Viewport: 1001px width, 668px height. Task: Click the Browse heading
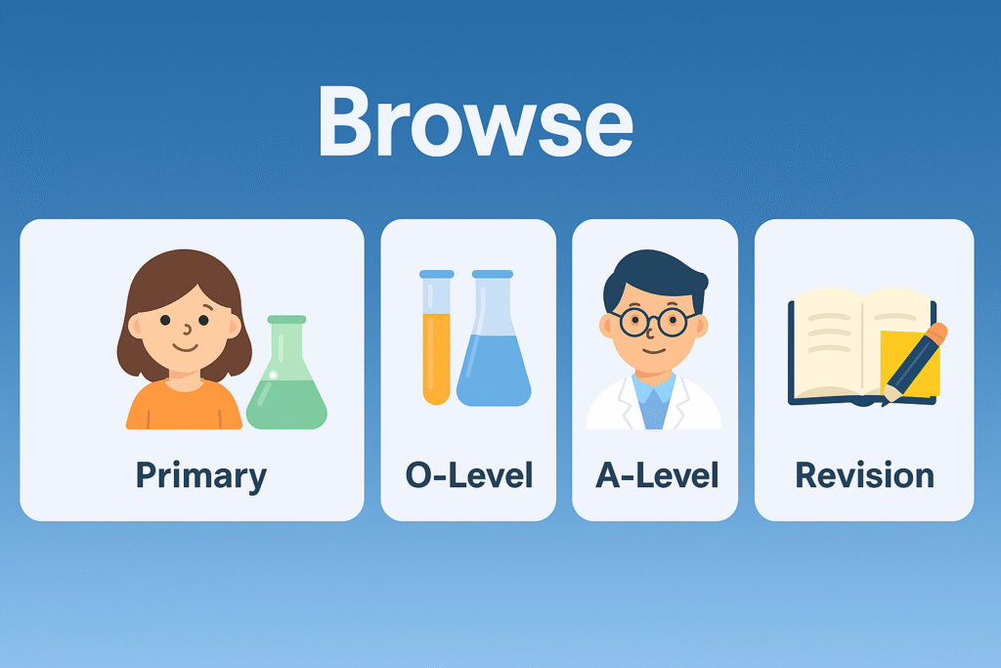476,121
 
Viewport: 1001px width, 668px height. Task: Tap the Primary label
201,476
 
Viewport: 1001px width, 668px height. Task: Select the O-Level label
469,475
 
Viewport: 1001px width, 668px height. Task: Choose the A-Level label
657,475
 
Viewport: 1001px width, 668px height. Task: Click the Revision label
864,475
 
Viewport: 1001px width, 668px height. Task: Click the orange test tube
437,337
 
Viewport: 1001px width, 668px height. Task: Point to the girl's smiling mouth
185,347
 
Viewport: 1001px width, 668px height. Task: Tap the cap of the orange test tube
437,274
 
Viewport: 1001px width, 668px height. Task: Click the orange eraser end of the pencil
937,334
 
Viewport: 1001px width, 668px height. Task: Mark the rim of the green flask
286,319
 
